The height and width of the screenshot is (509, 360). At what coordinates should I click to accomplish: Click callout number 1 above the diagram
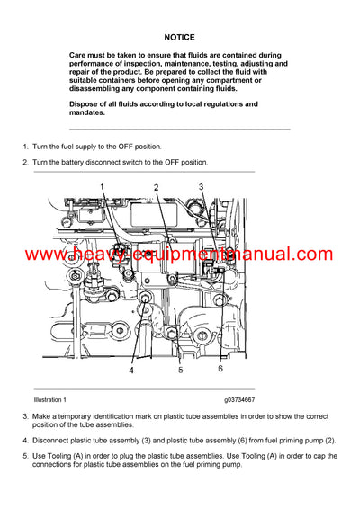[102, 186]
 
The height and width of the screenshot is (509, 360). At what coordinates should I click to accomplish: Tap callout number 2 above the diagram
[156, 187]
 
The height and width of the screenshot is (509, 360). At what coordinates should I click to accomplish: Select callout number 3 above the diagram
[202, 187]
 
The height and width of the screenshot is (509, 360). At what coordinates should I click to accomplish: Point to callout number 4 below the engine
[130, 369]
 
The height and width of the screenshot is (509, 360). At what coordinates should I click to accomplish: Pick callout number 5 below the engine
[180, 369]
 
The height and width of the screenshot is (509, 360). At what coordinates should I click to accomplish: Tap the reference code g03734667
[232, 399]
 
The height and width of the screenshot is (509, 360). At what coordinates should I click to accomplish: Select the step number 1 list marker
[24, 146]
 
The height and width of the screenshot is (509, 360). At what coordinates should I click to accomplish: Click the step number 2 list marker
[24, 163]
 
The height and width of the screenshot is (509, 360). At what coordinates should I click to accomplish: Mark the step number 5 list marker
[24, 456]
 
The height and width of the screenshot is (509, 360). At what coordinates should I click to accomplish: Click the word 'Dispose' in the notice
[86, 104]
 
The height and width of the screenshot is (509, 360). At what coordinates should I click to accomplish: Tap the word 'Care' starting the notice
[79, 55]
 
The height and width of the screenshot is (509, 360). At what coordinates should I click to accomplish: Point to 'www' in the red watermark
[43, 255]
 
